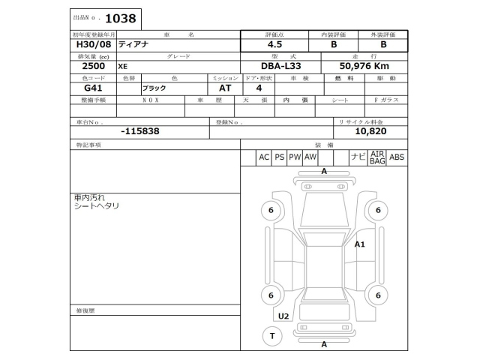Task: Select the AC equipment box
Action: point(263,157)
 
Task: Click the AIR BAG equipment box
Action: point(376,157)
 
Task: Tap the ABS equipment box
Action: point(397,157)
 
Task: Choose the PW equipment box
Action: point(295,157)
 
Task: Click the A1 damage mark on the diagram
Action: point(359,244)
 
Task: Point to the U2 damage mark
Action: point(283,316)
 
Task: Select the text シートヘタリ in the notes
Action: point(97,205)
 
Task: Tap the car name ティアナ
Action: point(133,44)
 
